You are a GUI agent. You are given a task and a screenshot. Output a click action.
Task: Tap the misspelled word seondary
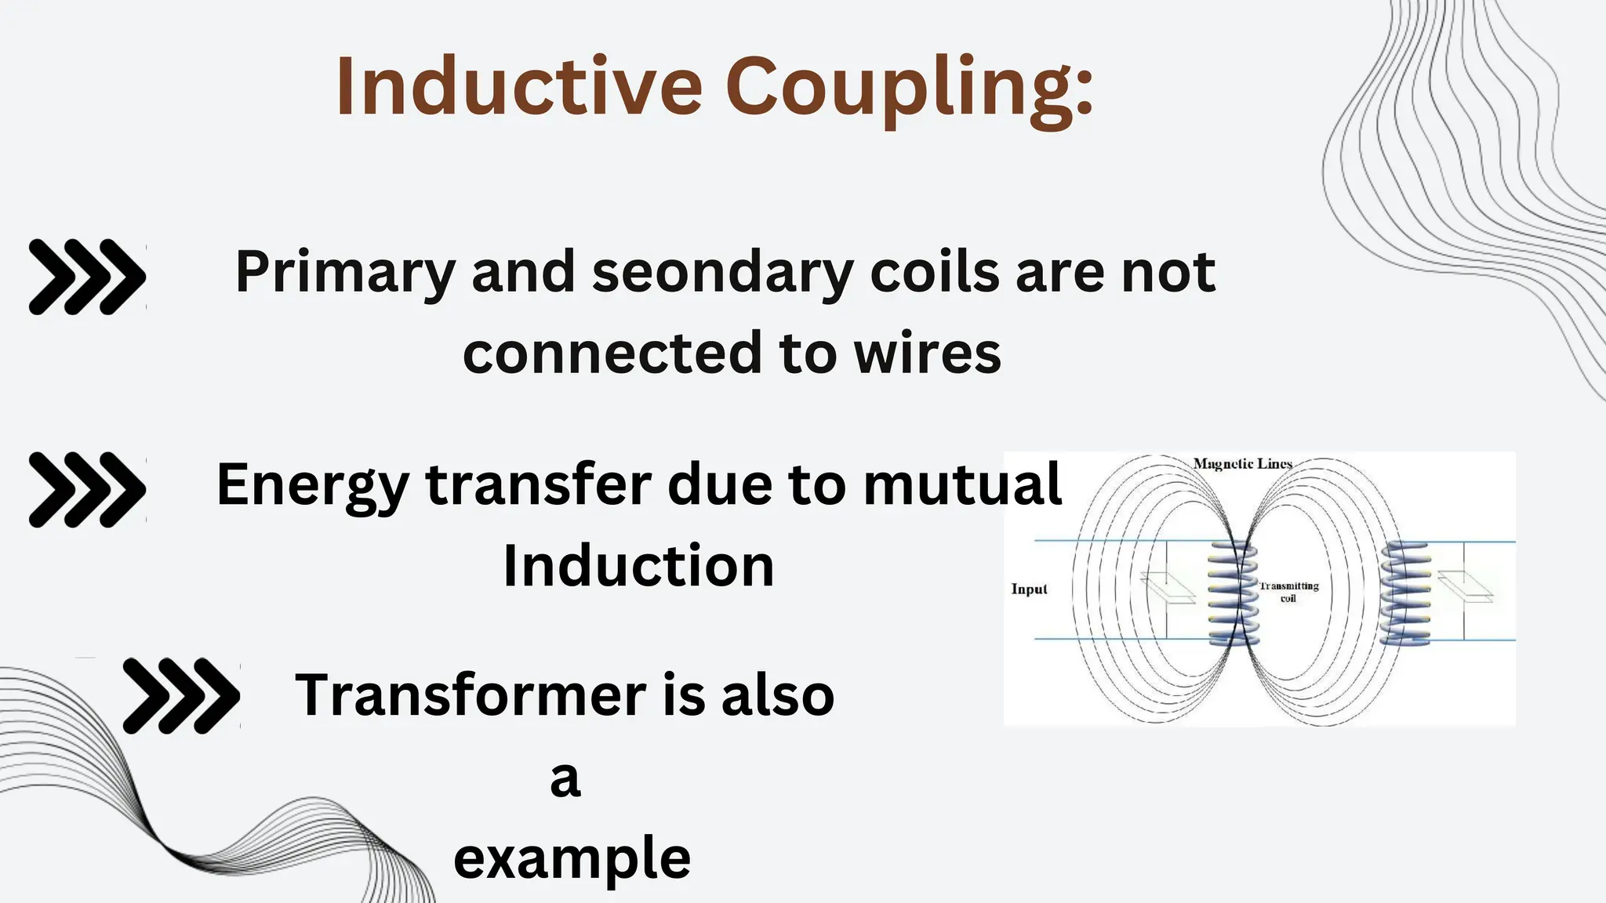[721, 273]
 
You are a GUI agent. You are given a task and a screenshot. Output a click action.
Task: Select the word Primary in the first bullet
[345, 273]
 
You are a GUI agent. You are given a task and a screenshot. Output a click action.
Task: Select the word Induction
[638, 566]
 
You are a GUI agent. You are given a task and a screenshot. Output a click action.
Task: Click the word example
[572, 859]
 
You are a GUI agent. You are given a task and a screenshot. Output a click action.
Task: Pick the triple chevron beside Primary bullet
[87, 277]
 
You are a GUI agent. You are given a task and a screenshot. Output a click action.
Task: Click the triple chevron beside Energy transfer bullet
[87, 489]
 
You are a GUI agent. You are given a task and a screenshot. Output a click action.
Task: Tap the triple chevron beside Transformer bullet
[181, 696]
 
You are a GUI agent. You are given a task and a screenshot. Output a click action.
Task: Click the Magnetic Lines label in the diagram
[1242, 464]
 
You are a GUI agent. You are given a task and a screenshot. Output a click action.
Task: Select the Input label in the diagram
[1029, 589]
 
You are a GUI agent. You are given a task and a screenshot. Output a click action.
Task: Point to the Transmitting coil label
[1288, 592]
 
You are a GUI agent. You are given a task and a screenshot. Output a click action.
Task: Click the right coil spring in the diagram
[1405, 593]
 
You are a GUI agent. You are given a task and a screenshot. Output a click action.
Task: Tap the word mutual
[962, 484]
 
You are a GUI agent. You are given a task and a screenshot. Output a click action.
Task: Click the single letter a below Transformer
[565, 779]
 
